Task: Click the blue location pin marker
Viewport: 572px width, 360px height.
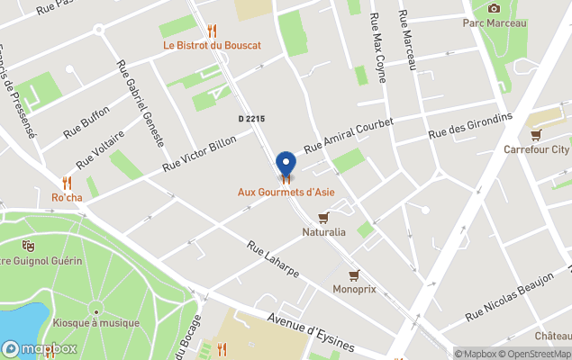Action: pyautogui.click(x=286, y=164)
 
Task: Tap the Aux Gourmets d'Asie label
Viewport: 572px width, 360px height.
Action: pyautogui.click(x=286, y=192)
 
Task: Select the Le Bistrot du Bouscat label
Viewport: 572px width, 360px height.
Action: pyautogui.click(x=212, y=45)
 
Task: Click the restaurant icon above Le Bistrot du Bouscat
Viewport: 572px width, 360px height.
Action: pyautogui.click(x=212, y=30)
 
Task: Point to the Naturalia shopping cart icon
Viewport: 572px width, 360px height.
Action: pyautogui.click(x=323, y=217)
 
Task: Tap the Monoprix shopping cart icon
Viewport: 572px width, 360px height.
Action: pyautogui.click(x=354, y=274)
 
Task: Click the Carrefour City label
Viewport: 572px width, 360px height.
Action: pyautogui.click(x=536, y=149)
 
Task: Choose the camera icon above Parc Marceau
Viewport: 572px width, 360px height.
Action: pyautogui.click(x=494, y=8)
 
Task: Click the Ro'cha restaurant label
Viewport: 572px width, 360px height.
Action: pyautogui.click(x=67, y=197)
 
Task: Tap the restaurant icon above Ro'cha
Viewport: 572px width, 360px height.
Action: pyautogui.click(x=67, y=182)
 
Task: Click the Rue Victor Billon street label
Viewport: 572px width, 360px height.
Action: pyautogui.click(x=199, y=154)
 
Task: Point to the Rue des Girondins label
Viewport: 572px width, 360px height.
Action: pyautogui.click(x=470, y=125)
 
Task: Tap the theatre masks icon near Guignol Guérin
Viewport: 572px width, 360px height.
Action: pyautogui.click(x=28, y=245)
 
